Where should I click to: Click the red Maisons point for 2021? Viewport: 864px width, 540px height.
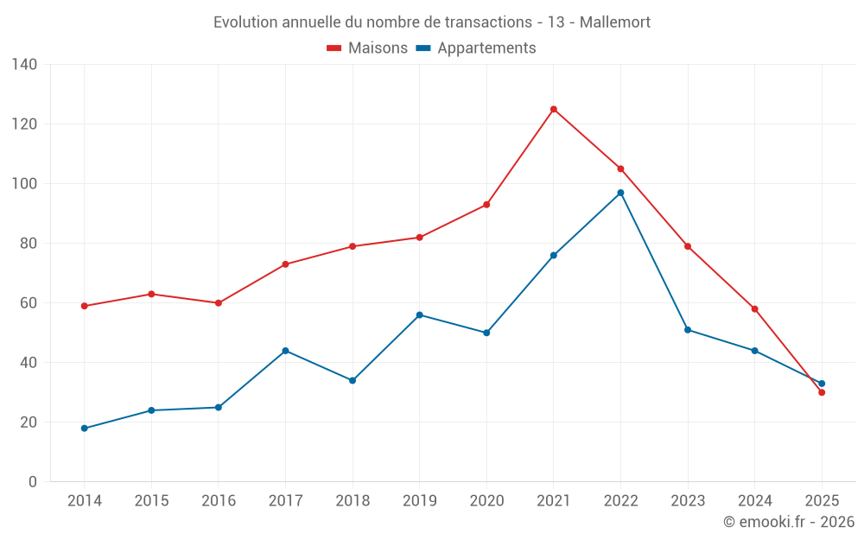[x=554, y=109]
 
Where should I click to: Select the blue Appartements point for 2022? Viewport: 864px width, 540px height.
[x=620, y=193]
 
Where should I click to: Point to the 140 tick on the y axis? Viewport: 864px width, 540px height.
[x=25, y=64]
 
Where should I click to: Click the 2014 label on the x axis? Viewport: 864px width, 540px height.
[x=84, y=501]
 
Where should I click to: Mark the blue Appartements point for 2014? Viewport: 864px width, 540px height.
[x=84, y=429]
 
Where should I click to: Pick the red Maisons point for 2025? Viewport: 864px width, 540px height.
[x=822, y=392]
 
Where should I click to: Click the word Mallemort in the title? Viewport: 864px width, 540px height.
[x=615, y=22]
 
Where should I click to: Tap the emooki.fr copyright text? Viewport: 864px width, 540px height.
[x=789, y=522]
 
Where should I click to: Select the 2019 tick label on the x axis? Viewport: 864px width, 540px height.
[x=419, y=501]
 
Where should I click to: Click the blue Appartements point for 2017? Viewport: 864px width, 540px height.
[x=285, y=351]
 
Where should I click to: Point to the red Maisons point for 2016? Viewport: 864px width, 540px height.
[x=219, y=303]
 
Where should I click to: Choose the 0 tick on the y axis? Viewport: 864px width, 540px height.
[x=33, y=482]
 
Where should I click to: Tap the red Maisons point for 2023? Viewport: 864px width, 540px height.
[x=688, y=246]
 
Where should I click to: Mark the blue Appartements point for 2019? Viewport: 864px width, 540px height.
[x=419, y=314]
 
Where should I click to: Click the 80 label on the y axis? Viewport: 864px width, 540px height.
[x=29, y=244]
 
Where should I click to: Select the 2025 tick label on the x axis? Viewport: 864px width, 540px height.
[x=822, y=501]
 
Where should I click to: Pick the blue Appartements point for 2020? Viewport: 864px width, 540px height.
[x=486, y=333]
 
